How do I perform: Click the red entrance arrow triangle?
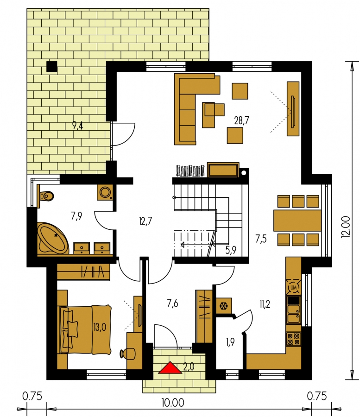[170, 368]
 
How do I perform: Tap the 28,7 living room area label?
[242, 120]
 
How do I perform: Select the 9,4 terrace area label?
[78, 125]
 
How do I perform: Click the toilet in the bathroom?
[46, 196]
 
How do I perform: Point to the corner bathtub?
[53, 238]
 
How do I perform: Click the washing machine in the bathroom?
[105, 192]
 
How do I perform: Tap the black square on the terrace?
[52, 66]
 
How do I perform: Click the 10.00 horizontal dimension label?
[172, 403]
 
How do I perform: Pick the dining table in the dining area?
[297, 221]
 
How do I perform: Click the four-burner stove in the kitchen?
[294, 339]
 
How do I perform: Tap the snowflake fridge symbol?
[224, 306]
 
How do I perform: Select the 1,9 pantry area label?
[230, 342]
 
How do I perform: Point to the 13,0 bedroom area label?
[100, 327]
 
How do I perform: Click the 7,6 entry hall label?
[172, 303]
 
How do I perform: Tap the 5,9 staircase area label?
[231, 250]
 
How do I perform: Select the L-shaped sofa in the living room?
[194, 108]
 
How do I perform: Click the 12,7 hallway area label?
[145, 221]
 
